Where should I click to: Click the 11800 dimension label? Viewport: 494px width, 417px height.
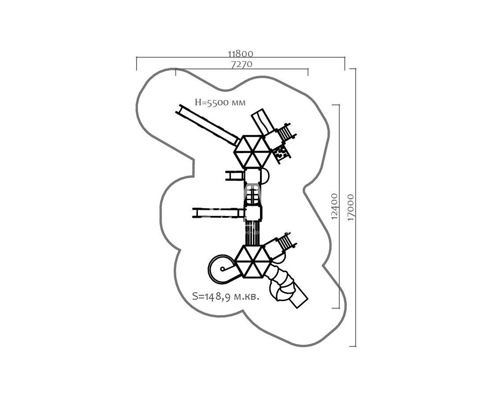pyautogui.click(x=240, y=54)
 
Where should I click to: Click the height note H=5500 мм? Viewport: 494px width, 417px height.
pyautogui.click(x=220, y=102)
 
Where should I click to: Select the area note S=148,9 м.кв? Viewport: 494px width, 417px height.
pyautogui.click(x=226, y=296)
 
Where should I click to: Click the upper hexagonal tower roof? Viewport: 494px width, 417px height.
pyautogui.click(x=253, y=150)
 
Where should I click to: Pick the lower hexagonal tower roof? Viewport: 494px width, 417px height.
pyautogui.click(x=253, y=261)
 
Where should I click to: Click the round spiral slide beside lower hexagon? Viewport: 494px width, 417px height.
pyautogui.click(x=223, y=269)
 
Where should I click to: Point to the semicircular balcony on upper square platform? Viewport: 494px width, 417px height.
pyautogui.click(x=265, y=176)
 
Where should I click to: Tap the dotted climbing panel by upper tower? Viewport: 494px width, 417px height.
pyautogui.click(x=280, y=153)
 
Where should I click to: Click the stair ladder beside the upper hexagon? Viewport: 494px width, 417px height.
pyautogui.click(x=286, y=132)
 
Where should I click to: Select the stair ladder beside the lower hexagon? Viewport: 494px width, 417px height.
pyautogui.click(x=286, y=242)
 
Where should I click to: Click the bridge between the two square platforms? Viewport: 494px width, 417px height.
pyautogui.click(x=253, y=194)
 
